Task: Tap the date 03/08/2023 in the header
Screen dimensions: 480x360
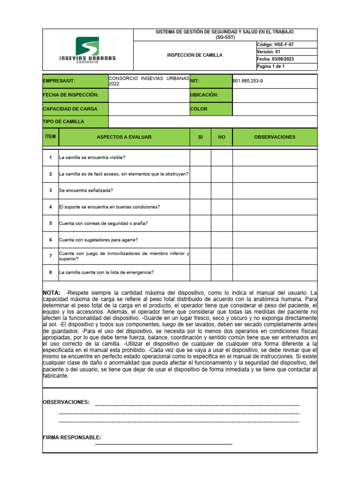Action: [275, 59]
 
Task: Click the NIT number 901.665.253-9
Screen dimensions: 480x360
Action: [248, 81]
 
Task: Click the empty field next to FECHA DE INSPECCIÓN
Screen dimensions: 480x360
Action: [148, 95]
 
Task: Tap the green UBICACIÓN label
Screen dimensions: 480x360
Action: [210, 95]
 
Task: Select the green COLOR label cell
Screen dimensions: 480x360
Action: [210, 109]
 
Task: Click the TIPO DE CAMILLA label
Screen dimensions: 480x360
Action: [64, 121]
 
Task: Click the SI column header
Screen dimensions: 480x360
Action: [200, 137]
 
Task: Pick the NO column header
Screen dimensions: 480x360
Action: [222, 137]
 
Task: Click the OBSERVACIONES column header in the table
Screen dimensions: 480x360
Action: [275, 137]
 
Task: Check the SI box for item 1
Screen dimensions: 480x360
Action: [200, 157]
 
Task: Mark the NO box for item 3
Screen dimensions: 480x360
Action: [222, 190]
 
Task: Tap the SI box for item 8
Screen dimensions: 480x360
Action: [200, 272]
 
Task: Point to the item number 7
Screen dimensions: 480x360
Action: [50, 256]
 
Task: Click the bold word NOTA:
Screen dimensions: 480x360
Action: [52, 293]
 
